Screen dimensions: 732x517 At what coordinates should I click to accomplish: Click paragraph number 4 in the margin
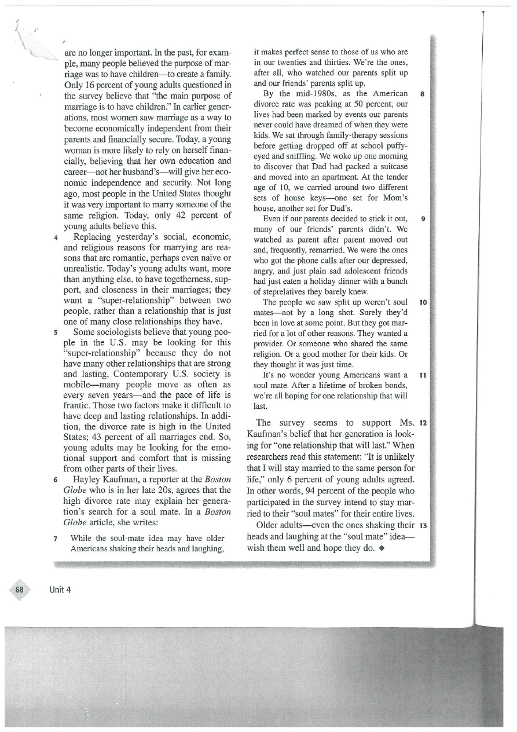coord(54,237)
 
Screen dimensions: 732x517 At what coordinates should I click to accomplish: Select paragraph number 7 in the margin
coord(54,538)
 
